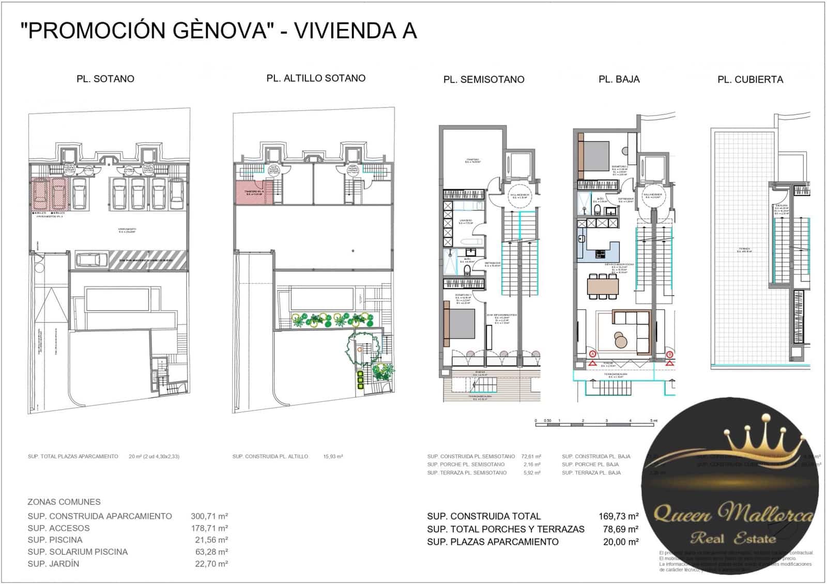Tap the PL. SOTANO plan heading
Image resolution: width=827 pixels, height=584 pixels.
[105, 79]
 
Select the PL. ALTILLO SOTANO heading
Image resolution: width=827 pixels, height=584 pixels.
[316, 78]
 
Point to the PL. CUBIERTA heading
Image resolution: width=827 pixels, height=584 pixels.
[750, 80]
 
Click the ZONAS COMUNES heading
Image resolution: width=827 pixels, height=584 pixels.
[64, 502]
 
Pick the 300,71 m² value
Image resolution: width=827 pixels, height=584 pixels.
[209, 516]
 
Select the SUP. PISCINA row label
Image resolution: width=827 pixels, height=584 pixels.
[55, 540]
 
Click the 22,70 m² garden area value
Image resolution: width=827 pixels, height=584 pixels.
[209, 563]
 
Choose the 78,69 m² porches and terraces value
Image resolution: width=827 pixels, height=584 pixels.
[620, 529]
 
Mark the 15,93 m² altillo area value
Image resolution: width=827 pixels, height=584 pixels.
[333, 456]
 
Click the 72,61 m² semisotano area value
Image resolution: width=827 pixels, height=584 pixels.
[531, 456]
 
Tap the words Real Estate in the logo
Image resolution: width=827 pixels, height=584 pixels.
[733, 539]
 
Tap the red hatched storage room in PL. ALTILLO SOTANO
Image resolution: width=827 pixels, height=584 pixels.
[249, 193]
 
